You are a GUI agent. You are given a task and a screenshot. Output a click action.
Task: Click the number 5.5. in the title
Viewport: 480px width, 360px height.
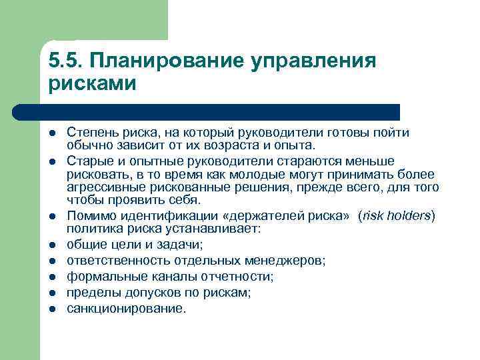click(65, 61)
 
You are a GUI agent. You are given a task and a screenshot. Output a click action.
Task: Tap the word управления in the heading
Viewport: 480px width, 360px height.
click(314, 61)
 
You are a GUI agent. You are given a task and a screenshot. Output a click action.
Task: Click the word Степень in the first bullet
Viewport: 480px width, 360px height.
click(90, 133)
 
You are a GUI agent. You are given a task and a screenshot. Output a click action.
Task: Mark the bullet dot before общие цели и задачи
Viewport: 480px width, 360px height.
click(52, 245)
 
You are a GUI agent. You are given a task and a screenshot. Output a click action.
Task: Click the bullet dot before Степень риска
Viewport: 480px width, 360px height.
click(52, 133)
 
